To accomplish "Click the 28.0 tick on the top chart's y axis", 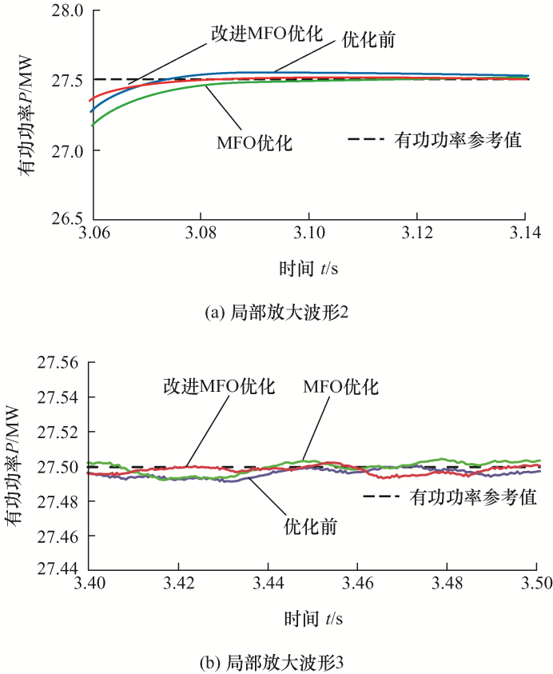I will click(66, 11).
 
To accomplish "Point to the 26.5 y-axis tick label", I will click(66, 218).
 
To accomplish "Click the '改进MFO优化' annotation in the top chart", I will click(266, 34).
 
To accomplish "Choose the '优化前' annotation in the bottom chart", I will click(310, 527).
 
